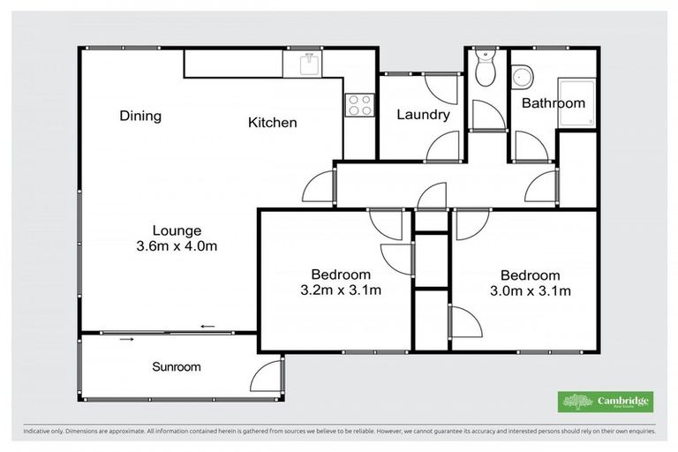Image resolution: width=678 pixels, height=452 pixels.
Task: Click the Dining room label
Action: click(x=140, y=116)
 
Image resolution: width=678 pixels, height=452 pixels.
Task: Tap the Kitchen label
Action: click(x=272, y=123)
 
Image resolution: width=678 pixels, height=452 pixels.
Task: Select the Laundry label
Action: click(x=423, y=115)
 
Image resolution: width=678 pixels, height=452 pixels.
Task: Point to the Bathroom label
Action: click(x=553, y=103)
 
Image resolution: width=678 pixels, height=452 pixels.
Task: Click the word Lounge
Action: click(x=170, y=231)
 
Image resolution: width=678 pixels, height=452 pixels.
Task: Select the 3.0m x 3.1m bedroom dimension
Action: click(x=529, y=290)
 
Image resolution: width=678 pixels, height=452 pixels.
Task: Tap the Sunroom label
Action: click(x=176, y=366)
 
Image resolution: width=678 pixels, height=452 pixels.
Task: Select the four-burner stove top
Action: click(x=359, y=104)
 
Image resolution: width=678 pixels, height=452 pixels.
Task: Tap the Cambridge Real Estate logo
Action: click(x=607, y=402)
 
